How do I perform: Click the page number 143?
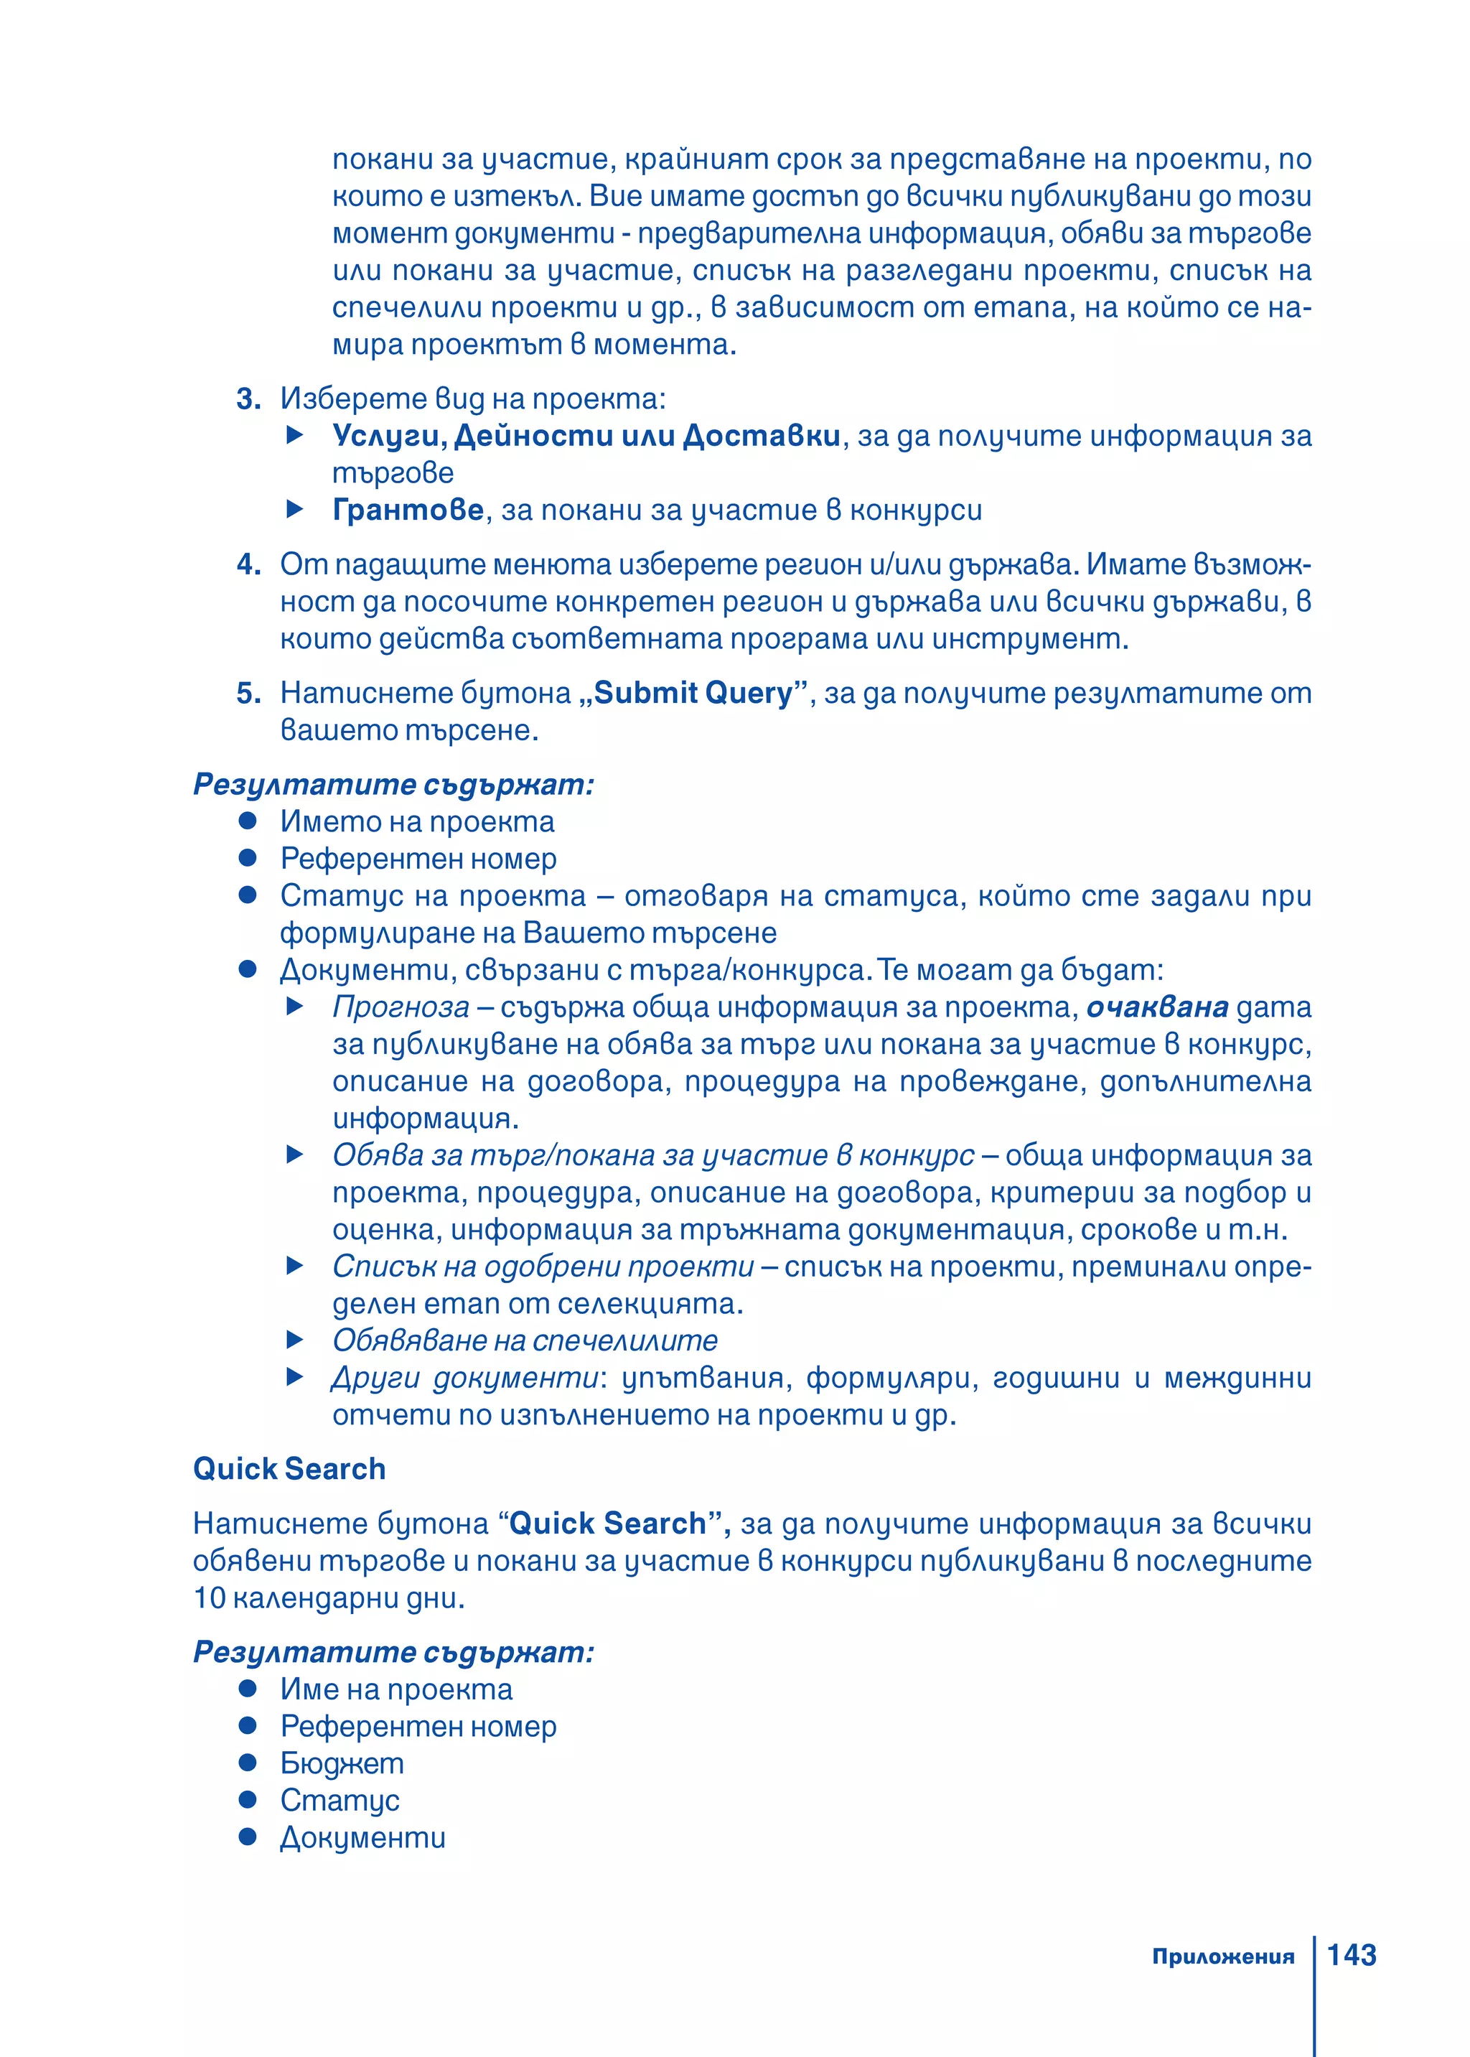1351,1955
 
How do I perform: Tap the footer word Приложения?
1223,1956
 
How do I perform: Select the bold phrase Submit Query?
693,693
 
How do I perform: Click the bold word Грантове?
408,510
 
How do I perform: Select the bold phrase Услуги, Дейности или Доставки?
586,436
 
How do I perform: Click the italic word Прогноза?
401,1007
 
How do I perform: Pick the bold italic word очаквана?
1157,1007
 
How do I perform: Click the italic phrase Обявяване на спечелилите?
525,1340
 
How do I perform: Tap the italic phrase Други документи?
464,1377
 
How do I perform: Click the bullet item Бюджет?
342,1763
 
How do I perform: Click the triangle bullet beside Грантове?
294,510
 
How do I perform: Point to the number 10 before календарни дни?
209,1598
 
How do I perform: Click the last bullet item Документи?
362,1837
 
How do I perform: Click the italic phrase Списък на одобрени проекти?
542,1266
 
